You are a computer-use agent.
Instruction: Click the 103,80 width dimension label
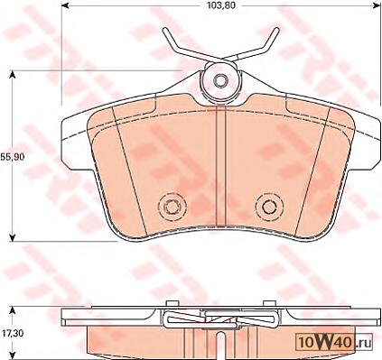pos(221,5)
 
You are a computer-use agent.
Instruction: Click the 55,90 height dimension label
pos(12,157)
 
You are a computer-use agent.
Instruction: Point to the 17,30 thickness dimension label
pos(11,333)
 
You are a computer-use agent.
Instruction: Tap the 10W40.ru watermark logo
pos(334,341)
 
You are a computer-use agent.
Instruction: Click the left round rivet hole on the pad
pos(172,207)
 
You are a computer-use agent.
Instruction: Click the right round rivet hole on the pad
pos(269,207)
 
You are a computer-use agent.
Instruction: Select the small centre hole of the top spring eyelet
pos(220,80)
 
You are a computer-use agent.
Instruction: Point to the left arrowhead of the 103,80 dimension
pos(64,5)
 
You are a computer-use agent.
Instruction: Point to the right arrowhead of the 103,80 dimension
pos(377,5)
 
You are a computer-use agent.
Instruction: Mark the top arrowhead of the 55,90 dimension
pos(12,74)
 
